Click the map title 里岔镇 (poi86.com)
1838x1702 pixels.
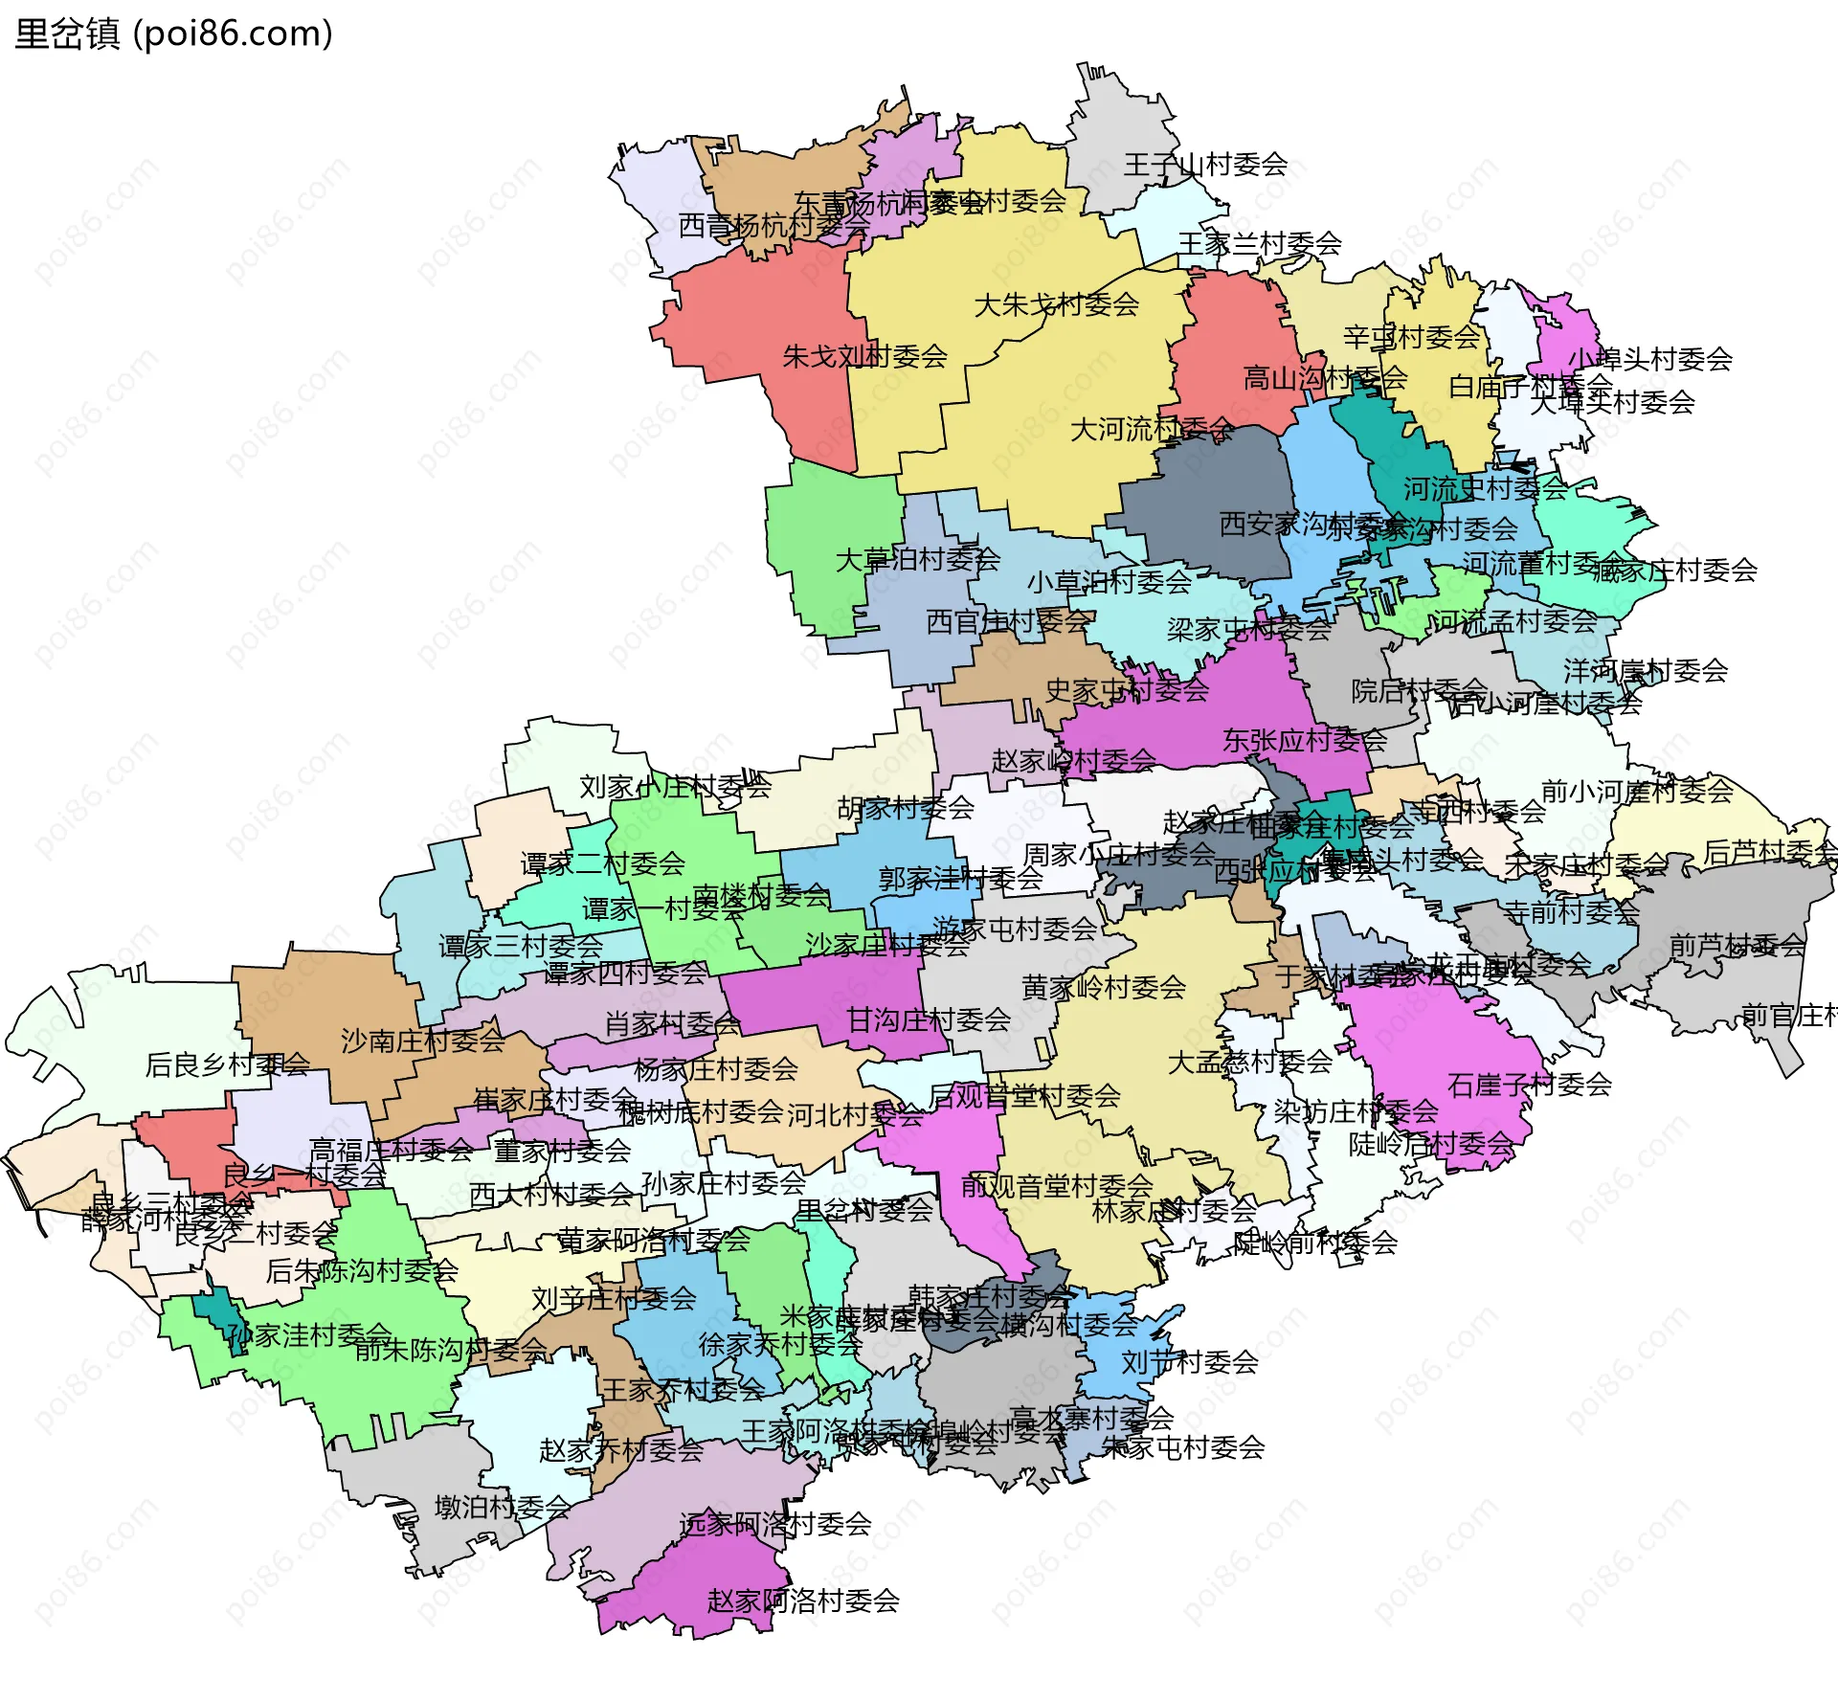173,34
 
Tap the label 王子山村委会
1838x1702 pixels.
1205,165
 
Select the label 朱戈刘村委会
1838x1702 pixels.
864,357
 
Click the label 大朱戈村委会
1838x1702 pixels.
1056,305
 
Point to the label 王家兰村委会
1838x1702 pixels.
1259,244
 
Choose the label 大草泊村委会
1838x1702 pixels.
917,560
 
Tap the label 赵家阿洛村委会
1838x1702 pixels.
802,1601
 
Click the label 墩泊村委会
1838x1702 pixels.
503,1508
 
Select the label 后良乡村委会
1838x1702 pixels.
227,1064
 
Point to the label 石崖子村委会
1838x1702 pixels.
1529,1086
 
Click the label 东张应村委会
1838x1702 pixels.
1304,740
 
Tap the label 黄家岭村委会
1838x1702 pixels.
1103,987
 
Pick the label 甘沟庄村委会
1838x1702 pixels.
928,1020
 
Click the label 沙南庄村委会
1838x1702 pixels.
422,1041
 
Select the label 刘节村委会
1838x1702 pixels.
1189,1362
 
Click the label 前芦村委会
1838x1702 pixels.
1737,946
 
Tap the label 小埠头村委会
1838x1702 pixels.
1649,359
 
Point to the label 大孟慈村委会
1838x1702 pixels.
1249,1062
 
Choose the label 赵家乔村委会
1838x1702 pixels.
620,1450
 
